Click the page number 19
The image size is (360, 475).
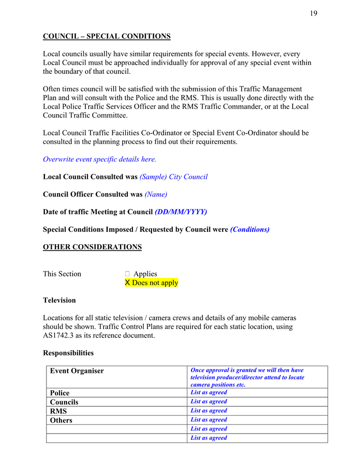(x=314, y=13)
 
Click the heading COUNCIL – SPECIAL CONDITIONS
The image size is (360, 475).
(x=107, y=36)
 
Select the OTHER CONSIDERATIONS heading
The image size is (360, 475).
(x=92, y=247)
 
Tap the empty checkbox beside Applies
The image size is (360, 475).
(x=127, y=274)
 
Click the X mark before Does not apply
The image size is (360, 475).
(x=128, y=283)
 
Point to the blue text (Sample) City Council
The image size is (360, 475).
(x=173, y=177)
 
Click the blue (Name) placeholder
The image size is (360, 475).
(x=156, y=194)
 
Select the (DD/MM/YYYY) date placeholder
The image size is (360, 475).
(x=181, y=212)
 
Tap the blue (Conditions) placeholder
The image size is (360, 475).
(x=249, y=229)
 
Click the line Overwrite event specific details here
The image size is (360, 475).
(x=99, y=159)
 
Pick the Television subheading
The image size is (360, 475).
(x=60, y=300)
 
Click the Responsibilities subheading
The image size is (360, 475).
(x=68, y=353)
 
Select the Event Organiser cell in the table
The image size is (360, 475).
(x=77, y=371)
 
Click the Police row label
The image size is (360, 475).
(x=60, y=393)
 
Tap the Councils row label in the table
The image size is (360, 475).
(x=64, y=402)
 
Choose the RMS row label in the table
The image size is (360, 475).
(x=59, y=411)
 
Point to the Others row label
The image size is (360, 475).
(x=61, y=420)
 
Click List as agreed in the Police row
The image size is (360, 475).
(x=209, y=393)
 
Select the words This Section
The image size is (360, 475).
(x=62, y=274)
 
